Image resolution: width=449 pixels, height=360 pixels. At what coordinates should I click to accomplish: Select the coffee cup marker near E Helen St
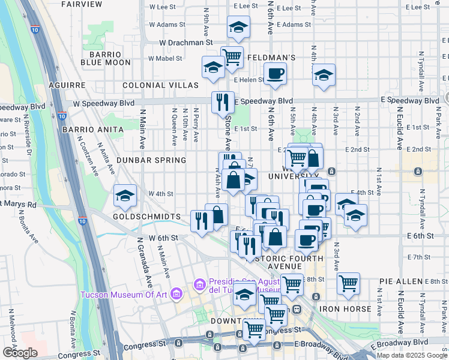click(x=275, y=74)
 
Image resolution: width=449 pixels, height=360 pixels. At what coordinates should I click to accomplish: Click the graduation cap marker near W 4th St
click(x=125, y=196)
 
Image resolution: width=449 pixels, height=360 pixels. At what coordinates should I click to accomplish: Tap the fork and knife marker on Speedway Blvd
click(x=223, y=102)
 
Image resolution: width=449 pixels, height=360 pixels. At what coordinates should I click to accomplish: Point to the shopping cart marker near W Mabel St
click(x=232, y=57)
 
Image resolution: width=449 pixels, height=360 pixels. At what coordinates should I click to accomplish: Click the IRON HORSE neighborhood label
click(x=346, y=308)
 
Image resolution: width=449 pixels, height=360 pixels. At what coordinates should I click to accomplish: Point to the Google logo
click(x=20, y=353)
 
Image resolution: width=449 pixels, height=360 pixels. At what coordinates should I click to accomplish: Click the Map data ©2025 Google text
click(x=412, y=355)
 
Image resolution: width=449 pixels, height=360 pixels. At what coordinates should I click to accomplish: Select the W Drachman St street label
click(x=186, y=43)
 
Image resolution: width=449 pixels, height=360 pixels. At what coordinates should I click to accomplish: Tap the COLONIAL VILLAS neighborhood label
click(x=160, y=85)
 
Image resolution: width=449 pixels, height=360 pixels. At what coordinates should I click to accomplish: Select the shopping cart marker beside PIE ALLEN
click(x=348, y=283)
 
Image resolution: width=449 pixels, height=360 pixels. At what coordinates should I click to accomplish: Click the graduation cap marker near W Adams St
click(x=238, y=27)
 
